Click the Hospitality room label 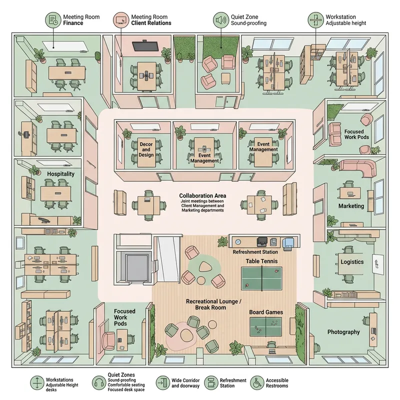pyautogui.click(x=60, y=173)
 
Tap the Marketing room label pyautogui.click(x=351, y=206)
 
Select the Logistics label pyautogui.click(x=352, y=262)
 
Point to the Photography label pyautogui.click(x=343, y=332)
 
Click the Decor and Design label pyautogui.click(x=146, y=149)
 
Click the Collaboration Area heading pyautogui.click(x=202, y=195)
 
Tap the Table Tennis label pyautogui.click(x=261, y=261)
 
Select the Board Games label pyautogui.click(x=266, y=312)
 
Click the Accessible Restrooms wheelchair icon pyautogui.click(x=257, y=383)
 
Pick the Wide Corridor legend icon pyautogui.click(x=162, y=383)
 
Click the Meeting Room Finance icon pyautogui.click(x=52, y=20)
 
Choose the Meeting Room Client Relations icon pyautogui.click(x=120, y=20)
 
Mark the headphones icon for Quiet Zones pyautogui.click(x=98, y=383)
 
